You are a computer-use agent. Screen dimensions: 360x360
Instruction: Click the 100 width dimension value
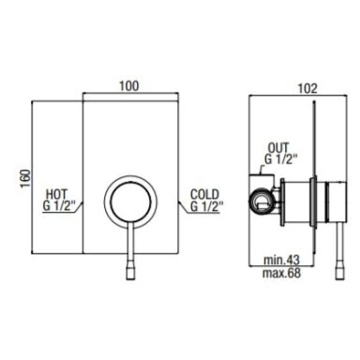(129, 85)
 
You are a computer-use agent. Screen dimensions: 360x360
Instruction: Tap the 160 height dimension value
(25, 178)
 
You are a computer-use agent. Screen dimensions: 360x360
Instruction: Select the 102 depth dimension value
(307, 88)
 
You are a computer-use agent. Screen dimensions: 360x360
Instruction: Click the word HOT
(56, 194)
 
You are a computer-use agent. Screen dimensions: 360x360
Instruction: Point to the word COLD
(205, 194)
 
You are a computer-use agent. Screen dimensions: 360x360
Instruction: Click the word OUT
(278, 148)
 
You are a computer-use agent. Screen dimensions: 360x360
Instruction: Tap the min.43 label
(281, 260)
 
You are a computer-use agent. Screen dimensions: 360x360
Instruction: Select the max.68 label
(281, 273)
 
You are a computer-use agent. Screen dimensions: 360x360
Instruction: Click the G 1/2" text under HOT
(59, 206)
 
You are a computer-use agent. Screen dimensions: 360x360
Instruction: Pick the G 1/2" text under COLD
(207, 206)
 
